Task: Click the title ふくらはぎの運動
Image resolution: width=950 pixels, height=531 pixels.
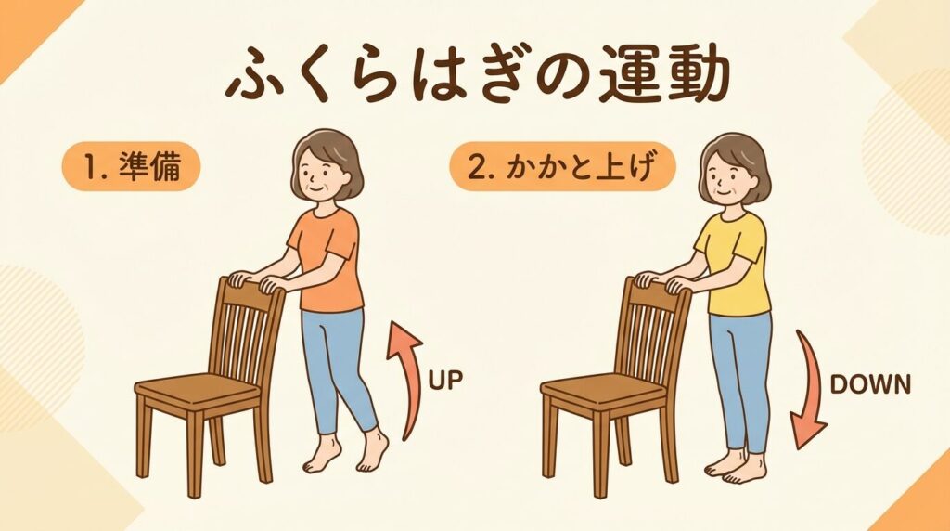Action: [478, 79]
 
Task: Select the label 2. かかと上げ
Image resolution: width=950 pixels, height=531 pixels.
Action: [562, 167]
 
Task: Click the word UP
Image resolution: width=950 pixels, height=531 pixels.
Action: [445, 380]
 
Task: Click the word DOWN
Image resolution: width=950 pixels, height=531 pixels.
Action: [870, 384]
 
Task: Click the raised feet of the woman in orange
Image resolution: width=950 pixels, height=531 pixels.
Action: [346, 452]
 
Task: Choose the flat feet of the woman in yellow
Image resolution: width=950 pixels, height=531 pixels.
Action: [735, 466]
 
